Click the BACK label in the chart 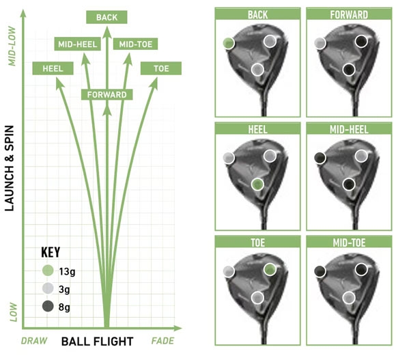point(107,17)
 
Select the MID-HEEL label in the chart point(78,44)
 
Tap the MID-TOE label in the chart point(136,44)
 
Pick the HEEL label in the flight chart point(53,68)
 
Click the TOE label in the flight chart point(161,68)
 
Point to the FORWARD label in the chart point(107,95)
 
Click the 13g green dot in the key point(48,271)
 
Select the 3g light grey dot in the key point(48,288)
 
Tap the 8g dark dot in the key point(48,306)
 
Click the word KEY point(51,252)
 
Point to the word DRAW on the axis point(34,341)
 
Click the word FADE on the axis point(162,341)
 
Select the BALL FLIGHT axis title point(97,342)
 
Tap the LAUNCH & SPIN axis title point(10,168)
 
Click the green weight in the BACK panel point(229,43)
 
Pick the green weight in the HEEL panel point(257,184)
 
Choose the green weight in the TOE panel point(270,269)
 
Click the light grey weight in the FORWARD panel point(320,43)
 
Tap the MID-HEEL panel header point(349,129)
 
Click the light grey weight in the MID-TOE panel point(349,297)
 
